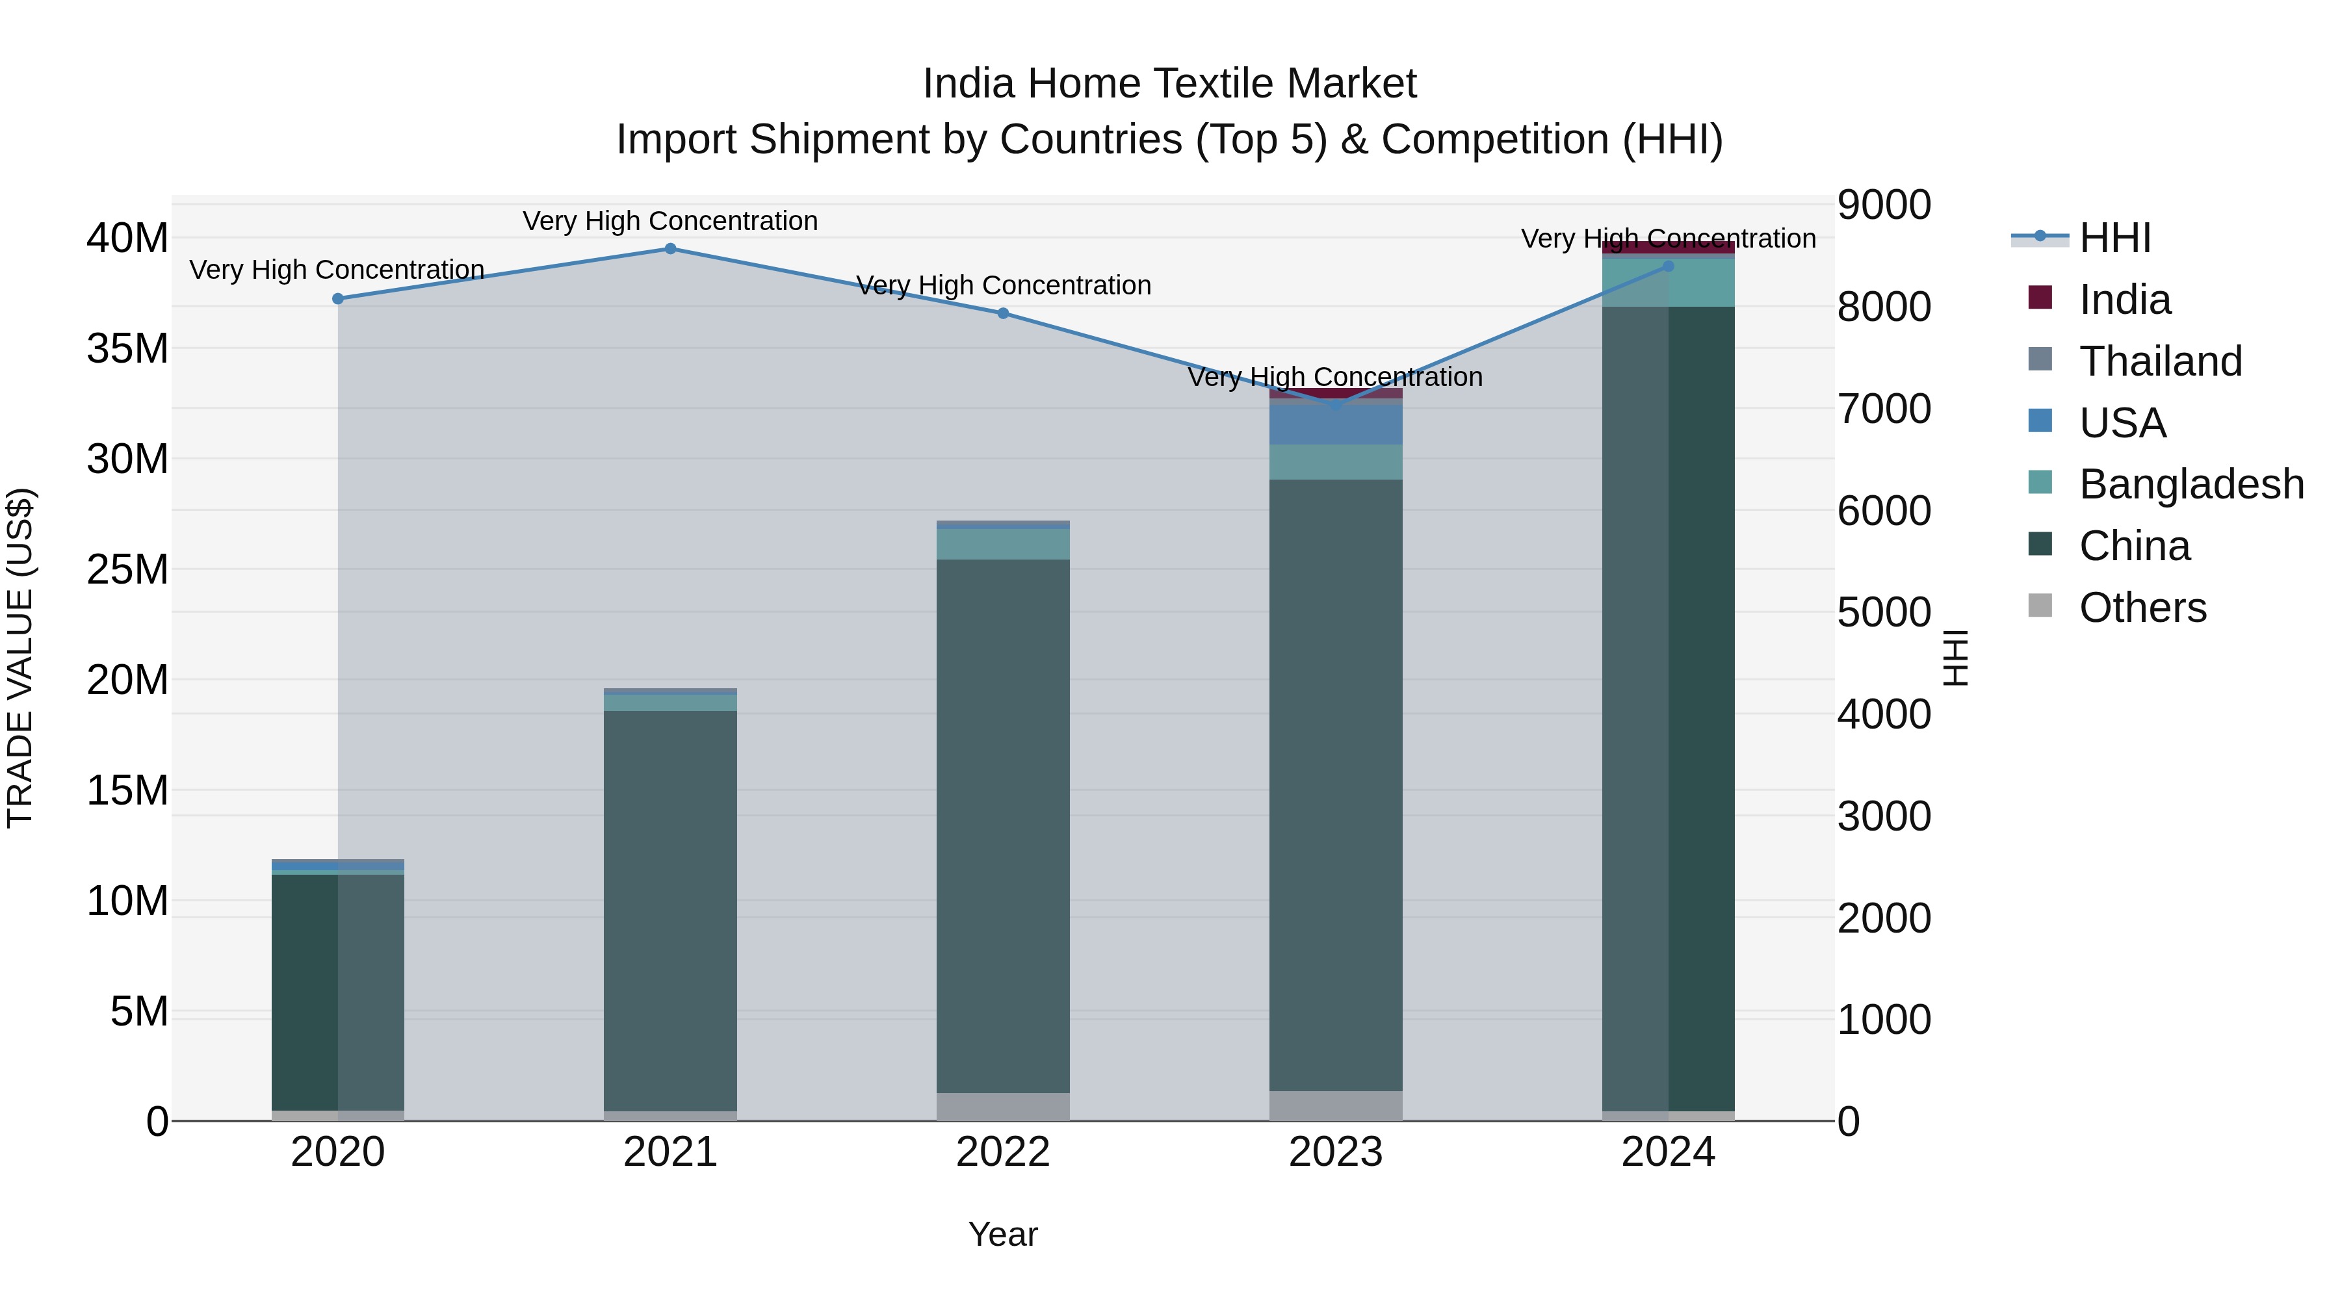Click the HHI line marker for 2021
pos(670,249)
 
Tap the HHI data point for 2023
pos(1335,405)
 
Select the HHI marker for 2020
pos(338,299)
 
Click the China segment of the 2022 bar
pos(1003,827)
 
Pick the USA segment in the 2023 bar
pos(1335,424)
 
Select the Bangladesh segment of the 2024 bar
pos(1668,283)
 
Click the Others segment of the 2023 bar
pos(1335,1105)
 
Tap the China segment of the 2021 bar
pos(670,909)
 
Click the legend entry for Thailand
pos(2160,361)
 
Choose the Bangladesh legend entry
pos(2191,484)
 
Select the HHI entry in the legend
pos(2114,238)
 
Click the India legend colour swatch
pos(2039,298)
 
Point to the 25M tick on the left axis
pos(127,569)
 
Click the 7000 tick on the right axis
pos(1884,409)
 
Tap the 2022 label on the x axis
pos(1003,1152)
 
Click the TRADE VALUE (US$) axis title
pos(20,658)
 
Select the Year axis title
pos(1003,1234)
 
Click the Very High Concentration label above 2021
pos(670,221)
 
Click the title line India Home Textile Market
pos(1169,84)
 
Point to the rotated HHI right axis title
pos(1955,658)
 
